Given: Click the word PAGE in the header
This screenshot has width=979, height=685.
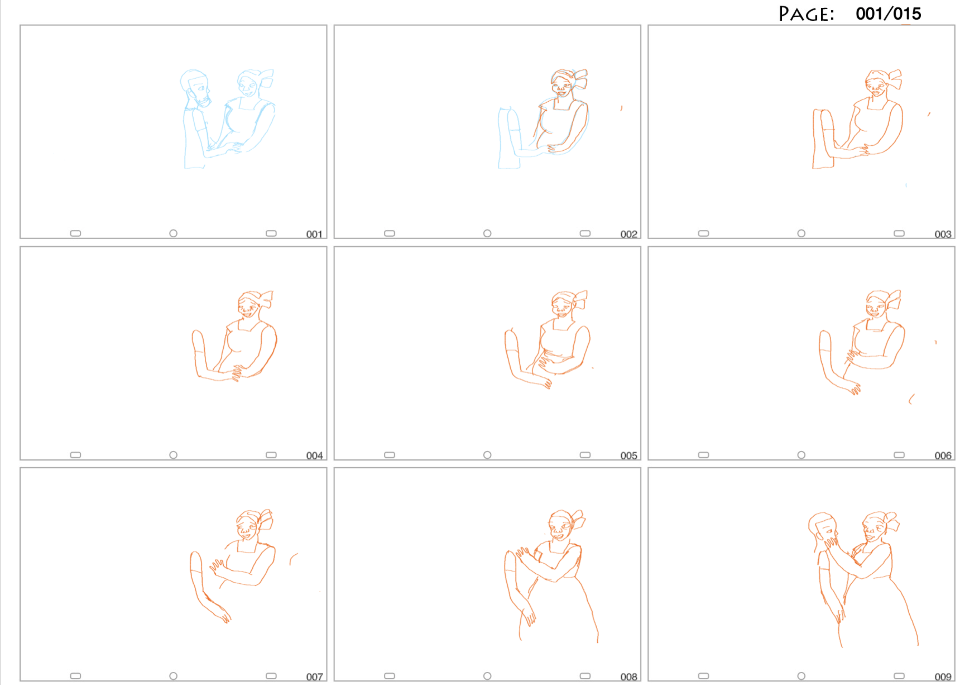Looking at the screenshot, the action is pyautogui.click(x=806, y=14).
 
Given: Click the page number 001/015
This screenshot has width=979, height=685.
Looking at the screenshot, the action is pyautogui.click(x=888, y=14).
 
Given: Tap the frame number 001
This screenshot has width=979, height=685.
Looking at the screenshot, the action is pyautogui.click(x=314, y=234).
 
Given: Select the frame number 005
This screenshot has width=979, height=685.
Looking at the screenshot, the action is pyautogui.click(x=629, y=456).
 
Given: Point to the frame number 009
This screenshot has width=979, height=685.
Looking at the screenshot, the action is pyautogui.click(x=943, y=677).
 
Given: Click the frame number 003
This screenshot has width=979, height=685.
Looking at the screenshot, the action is pyautogui.click(x=943, y=234).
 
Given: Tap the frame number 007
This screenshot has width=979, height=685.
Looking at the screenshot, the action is pyautogui.click(x=314, y=677).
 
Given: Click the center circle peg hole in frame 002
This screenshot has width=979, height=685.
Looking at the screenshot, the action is pyautogui.click(x=487, y=233).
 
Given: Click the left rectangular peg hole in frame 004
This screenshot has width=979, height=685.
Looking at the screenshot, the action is pyautogui.click(x=75, y=455).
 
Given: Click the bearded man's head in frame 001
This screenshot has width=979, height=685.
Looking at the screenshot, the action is pyautogui.click(x=195, y=88).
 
